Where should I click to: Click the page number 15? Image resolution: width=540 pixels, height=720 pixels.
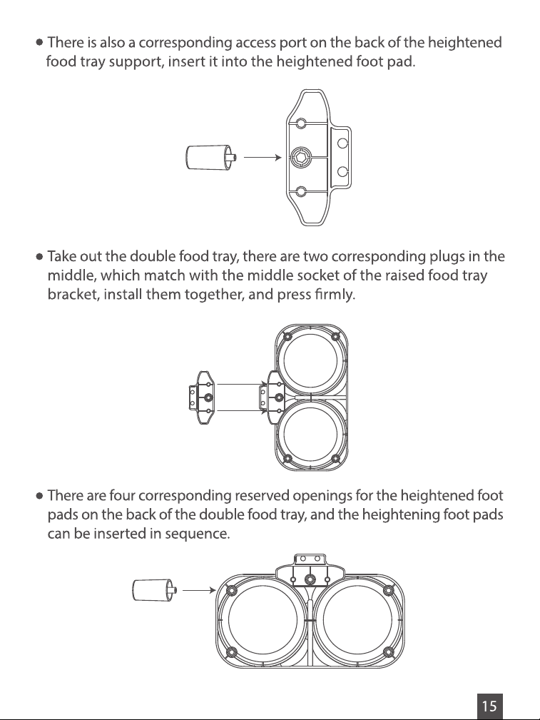coord(489,706)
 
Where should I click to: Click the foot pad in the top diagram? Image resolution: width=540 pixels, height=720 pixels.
coord(211,157)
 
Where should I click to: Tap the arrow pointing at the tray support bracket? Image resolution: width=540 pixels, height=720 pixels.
coord(263,158)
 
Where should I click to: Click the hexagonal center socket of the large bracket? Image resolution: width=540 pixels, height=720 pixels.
coord(301,158)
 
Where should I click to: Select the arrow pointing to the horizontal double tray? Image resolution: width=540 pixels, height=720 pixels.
coord(199,590)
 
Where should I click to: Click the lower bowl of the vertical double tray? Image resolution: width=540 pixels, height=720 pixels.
coord(310,434)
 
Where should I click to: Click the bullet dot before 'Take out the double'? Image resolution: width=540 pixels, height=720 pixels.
coord(39,257)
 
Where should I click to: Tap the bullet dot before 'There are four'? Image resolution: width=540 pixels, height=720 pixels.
coord(39,496)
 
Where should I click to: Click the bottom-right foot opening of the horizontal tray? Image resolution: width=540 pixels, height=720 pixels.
coord(389,652)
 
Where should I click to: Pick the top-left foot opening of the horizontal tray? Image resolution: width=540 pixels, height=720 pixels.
coord(231,589)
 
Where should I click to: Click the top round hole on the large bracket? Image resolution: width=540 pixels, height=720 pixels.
coord(301,123)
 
